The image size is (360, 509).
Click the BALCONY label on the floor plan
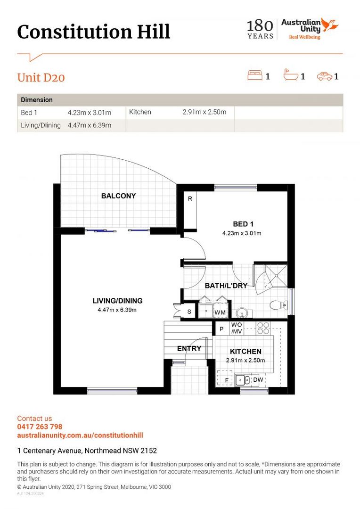point(118,196)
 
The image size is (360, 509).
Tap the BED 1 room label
point(243,224)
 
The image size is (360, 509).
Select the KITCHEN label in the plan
point(245,352)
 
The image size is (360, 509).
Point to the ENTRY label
point(189,349)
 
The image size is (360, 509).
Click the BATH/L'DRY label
point(226,286)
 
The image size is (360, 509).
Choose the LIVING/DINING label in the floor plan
point(117,301)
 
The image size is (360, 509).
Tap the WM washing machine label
point(220,312)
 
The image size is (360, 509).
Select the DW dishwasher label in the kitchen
point(258,379)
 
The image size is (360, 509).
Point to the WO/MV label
point(236,328)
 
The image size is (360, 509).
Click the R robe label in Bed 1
point(190,199)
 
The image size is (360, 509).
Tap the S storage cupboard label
point(189,312)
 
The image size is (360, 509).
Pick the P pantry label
point(221,329)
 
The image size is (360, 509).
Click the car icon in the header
point(324,76)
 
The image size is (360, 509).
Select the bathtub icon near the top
point(290,75)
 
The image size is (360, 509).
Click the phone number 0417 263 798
point(40,427)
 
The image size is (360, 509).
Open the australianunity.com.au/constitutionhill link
point(80,435)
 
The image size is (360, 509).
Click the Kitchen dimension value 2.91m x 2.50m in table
point(205,112)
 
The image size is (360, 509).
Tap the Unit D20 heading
point(41,78)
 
